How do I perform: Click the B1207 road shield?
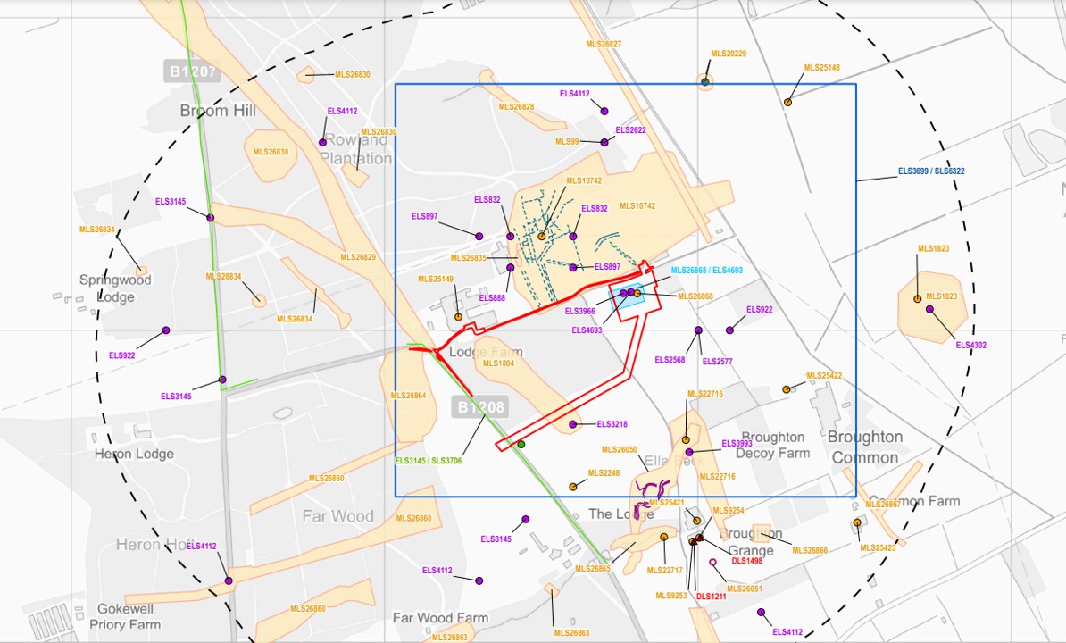[x=191, y=71]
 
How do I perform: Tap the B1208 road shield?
[x=481, y=407]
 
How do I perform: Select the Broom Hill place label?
[x=218, y=111]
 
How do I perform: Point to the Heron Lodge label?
[x=134, y=454]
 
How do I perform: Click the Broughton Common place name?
[x=863, y=447]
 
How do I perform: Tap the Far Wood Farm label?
[x=440, y=618]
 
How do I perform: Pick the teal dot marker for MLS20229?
[x=705, y=82]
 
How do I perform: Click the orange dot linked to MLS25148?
[x=787, y=102]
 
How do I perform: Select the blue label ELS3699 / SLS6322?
[x=931, y=171]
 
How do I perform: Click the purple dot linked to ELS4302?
[x=929, y=309]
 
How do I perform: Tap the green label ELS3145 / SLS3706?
[x=429, y=461]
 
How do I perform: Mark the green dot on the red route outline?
[x=521, y=444]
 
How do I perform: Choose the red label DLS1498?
[x=747, y=561]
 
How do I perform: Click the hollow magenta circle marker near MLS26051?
[x=712, y=563]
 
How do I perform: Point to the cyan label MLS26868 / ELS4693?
[x=706, y=271]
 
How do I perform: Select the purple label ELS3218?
[x=612, y=424]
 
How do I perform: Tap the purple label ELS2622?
[x=630, y=130]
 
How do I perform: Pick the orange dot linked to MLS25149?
[x=458, y=316]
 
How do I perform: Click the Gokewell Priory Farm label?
[x=125, y=616]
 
